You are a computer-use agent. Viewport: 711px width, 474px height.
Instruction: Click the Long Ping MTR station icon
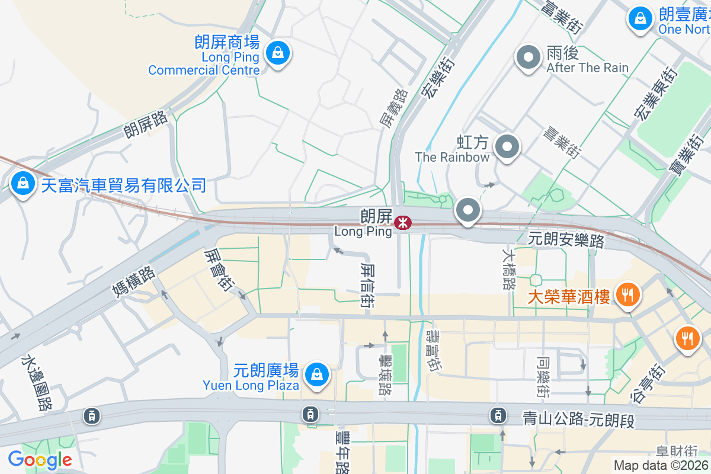(x=402, y=223)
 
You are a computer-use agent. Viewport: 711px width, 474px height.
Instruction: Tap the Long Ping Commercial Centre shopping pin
(x=277, y=54)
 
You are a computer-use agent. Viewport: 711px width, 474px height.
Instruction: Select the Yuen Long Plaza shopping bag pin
(x=317, y=374)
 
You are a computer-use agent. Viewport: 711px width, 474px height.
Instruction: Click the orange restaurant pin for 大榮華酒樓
(x=626, y=293)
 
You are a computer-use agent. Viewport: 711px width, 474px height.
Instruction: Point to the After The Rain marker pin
(x=529, y=58)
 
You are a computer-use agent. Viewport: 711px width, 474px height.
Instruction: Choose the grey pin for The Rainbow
(x=507, y=147)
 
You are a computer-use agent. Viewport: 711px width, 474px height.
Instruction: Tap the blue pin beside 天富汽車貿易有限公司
(x=22, y=184)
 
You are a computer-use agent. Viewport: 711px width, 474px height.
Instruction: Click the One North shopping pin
(x=640, y=18)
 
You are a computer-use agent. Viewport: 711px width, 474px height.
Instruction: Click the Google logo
(x=40, y=460)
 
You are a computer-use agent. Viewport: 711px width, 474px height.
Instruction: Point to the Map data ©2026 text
(x=661, y=465)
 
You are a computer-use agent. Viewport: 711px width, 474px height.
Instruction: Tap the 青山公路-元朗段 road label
(x=578, y=418)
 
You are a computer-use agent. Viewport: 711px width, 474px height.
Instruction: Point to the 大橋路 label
(x=508, y=268)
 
